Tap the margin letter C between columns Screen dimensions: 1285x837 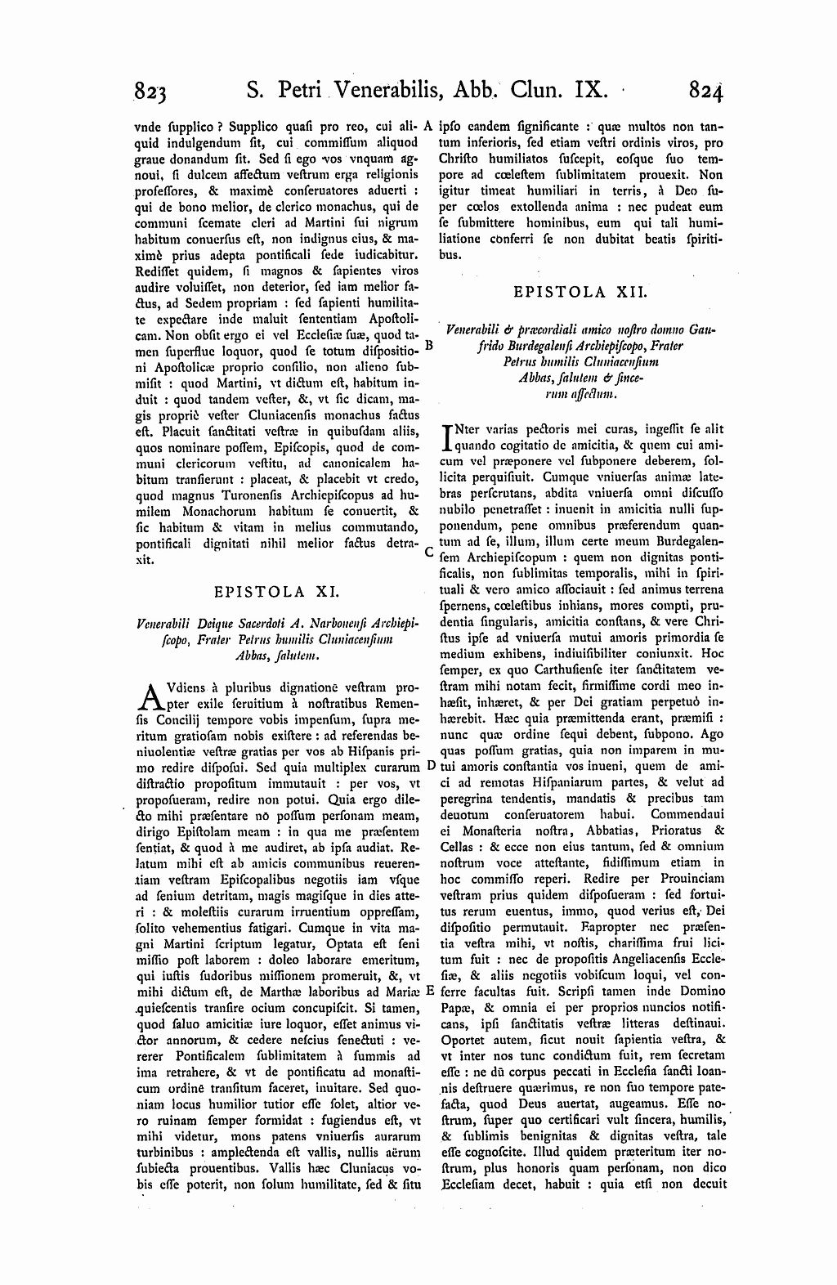[429, 551]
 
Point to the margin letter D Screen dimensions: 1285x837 [430, 766]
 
